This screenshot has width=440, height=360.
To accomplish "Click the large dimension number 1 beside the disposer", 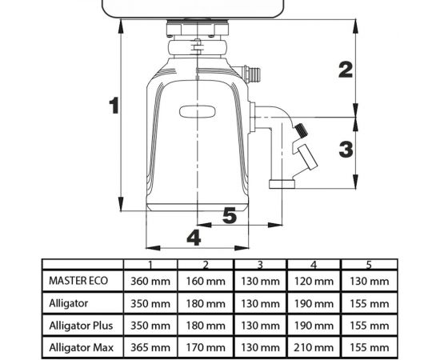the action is (114, 106).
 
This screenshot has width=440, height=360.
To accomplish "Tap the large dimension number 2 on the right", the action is (346, 70).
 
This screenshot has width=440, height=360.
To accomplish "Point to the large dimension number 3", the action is (346, 150).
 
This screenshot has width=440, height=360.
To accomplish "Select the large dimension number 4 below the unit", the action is (194, 238).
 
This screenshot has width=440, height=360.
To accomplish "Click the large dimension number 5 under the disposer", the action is (230, 216).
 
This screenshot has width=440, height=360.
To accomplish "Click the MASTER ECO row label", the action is (78, 281).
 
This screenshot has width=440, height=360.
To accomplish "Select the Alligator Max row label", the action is (82, 348).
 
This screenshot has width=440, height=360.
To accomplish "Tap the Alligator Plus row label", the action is (81, 326).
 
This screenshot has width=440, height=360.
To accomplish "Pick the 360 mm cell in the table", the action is (150, 281).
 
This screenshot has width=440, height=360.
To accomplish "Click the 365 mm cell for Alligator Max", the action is (150, 348).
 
